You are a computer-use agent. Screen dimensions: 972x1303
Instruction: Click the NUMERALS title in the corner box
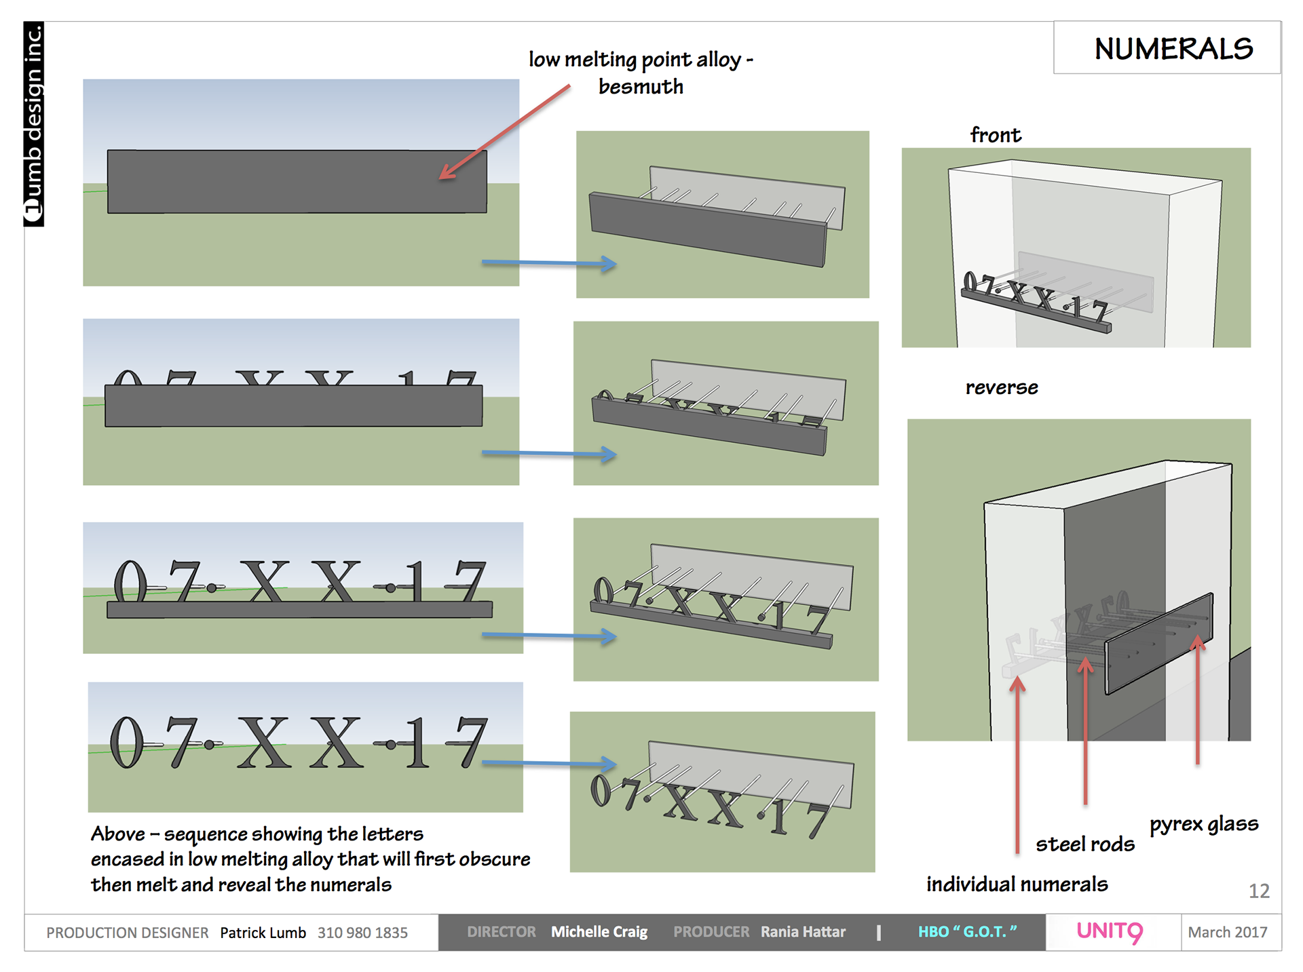click(1173, 49)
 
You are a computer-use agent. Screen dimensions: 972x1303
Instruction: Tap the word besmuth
click(641, 87)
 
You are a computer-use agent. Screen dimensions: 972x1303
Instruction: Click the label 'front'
click(996, 135)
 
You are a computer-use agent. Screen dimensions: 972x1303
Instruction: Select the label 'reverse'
click(1002, 387)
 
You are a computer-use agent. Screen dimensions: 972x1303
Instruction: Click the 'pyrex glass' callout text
click(1204, 824)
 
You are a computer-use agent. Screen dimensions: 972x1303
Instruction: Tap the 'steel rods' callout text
click(1084, 844)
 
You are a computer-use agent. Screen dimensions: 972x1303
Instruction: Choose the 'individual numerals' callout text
click(1017, 884)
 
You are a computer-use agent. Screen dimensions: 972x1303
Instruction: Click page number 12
click(1259, 891)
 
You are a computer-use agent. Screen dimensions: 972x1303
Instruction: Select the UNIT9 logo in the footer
click(1110, 932)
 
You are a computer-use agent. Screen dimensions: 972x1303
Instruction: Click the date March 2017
click(1228, 933)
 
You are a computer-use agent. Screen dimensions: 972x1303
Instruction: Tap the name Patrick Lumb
click(263, 933)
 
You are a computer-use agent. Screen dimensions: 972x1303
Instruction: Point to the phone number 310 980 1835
click(362, 933)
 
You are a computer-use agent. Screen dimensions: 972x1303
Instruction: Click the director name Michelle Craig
click(599, 932)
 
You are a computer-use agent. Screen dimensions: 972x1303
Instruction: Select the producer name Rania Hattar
click(803, 932)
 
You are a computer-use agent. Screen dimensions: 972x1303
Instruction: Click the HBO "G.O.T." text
click(967, 932)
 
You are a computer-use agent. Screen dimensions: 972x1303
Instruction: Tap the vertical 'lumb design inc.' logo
click(34, 124)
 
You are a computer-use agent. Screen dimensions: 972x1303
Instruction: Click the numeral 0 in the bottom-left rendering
click(127, 743)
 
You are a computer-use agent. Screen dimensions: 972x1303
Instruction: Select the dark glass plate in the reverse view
click(1158, 642)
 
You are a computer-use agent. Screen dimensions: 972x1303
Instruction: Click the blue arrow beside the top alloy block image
click(549, 263)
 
